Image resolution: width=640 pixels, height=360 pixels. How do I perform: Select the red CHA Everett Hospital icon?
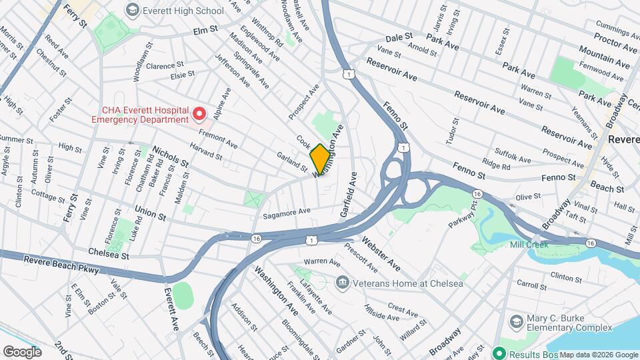point(199,114)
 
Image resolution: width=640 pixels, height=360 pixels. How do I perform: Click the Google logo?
point(22,351)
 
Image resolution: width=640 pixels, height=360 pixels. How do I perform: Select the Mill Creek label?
point(529,245)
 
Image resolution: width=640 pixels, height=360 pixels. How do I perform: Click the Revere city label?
point(623,140)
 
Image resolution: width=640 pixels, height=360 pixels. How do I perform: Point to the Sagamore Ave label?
point(287,211)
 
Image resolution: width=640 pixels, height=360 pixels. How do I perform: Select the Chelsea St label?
point(108,253)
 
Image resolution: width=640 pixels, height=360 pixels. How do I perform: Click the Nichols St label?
point(171,157)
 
